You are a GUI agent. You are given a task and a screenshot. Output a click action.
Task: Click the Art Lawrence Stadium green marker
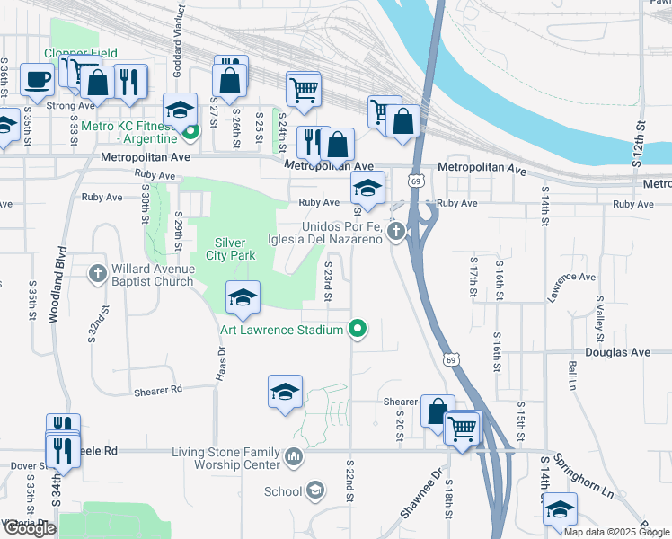tap(358, 330)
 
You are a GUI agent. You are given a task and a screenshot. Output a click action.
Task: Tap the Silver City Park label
tap(234, 249)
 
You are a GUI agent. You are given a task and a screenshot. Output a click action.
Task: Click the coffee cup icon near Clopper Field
tap(37, 79)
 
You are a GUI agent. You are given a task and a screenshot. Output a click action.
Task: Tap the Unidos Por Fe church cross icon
tap(396, 233)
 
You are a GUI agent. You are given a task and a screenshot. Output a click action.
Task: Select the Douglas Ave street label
tap(616, 353)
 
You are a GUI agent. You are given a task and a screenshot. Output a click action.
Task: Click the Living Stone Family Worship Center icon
tap(294, 458)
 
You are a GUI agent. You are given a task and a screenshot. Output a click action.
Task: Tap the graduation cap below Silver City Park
tap(243, 298)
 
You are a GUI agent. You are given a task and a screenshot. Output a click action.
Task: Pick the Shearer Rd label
tap(157, 390)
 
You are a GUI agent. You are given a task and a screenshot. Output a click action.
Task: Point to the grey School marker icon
tap(314, 490)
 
